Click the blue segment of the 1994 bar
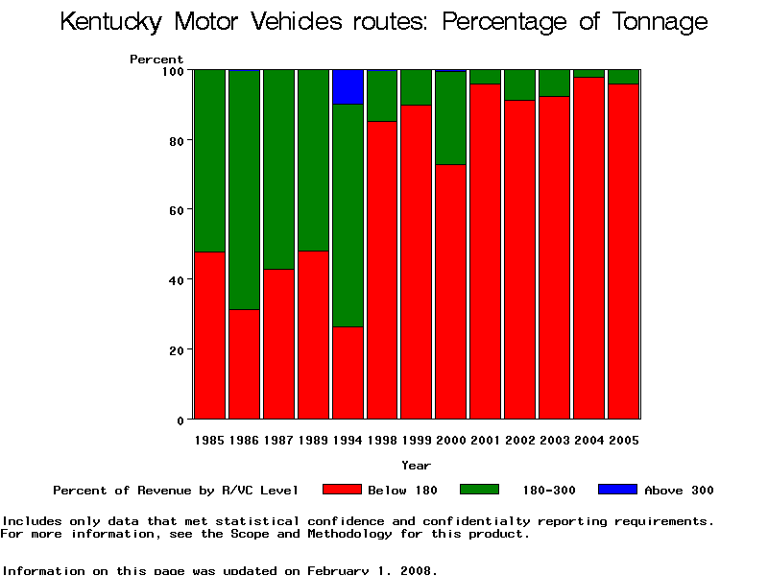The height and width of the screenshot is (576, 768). (348, 86)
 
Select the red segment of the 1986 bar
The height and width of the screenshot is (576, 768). (244, 364)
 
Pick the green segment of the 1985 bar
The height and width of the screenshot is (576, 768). (209, 160)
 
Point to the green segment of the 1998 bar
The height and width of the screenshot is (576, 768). (382, 96)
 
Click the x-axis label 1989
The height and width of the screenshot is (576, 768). (313, 441)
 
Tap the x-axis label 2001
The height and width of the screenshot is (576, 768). (486, 441)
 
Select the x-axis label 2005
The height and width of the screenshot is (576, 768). (624, 441)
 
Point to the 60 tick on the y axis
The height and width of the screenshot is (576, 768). (177, 209)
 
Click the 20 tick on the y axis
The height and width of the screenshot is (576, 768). (177, 349)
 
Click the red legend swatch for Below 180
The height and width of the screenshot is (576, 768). (342, 490)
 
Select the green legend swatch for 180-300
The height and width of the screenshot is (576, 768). (480, 490)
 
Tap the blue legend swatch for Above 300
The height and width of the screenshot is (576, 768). (617, 490)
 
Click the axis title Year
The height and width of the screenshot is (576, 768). (417, 466)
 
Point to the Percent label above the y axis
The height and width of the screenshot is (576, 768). (156, 60)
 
